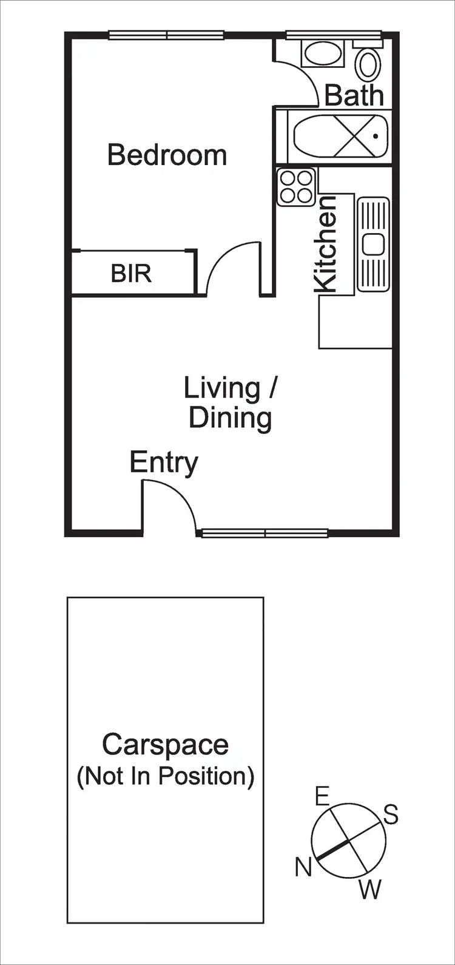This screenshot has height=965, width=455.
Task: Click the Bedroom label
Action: click(x=167, y=155)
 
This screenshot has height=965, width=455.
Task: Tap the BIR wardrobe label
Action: click(x=131, y=274)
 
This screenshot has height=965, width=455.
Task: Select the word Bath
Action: click(x=354, y=96)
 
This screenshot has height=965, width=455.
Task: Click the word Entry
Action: click(x=164, y=463)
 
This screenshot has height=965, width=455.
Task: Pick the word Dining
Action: click(x=230, y=418)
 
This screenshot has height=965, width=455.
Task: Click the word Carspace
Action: click(x=165, y=745)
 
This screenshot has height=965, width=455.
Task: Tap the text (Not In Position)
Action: click(x=165, y=776)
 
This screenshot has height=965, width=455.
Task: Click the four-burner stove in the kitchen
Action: click(x=297, y=187)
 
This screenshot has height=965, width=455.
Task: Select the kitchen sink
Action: click(x=372, y=244)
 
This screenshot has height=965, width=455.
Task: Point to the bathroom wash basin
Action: click(x=323, y=54)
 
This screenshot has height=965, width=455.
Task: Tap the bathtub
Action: click(x=340, y=137)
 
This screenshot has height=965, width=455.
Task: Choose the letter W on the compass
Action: click(x=370, y=890)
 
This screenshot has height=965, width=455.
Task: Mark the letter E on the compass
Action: click(x=322, y=795)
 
